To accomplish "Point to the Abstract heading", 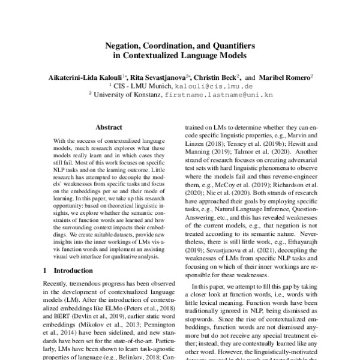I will tap(109, 127).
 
